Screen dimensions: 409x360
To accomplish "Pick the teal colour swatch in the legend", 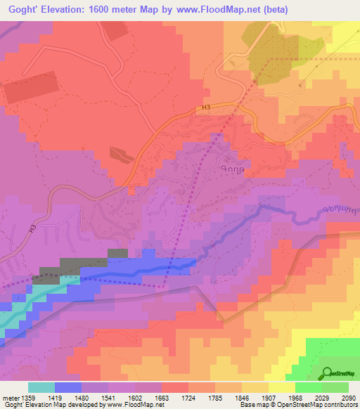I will tap(41, 388).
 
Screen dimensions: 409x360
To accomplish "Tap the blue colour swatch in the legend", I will tap(68, 388).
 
